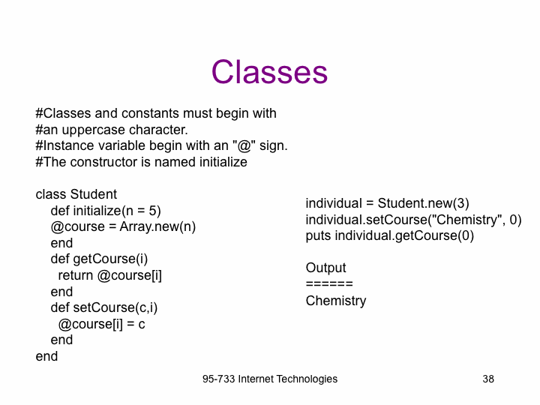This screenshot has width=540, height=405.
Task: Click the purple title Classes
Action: coord(269,72)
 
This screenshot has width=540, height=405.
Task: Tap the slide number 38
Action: coord(488,379)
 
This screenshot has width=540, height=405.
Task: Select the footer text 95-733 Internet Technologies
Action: coord(270,379)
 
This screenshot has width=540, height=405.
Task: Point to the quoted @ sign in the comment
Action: coord(244,145)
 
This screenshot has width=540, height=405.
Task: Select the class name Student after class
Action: coord(93,194)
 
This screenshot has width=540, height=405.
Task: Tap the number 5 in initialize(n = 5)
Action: coord(152,211)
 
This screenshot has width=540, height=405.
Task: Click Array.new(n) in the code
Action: coord(157,227)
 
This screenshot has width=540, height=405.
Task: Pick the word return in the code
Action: coord(76,275)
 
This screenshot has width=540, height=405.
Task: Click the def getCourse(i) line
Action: coord(99,259)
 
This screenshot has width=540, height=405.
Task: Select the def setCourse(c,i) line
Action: coord(104,307)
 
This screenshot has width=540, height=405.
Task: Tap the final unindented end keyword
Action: coord(46,356)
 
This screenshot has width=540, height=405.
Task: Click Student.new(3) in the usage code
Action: coord(423,203)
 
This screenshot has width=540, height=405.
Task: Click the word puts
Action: coord(318,236)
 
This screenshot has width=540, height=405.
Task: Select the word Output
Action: coord(325,268)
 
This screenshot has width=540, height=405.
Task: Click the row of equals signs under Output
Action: coord(329,284)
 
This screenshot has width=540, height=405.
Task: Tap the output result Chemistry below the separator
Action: coord(336,301)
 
